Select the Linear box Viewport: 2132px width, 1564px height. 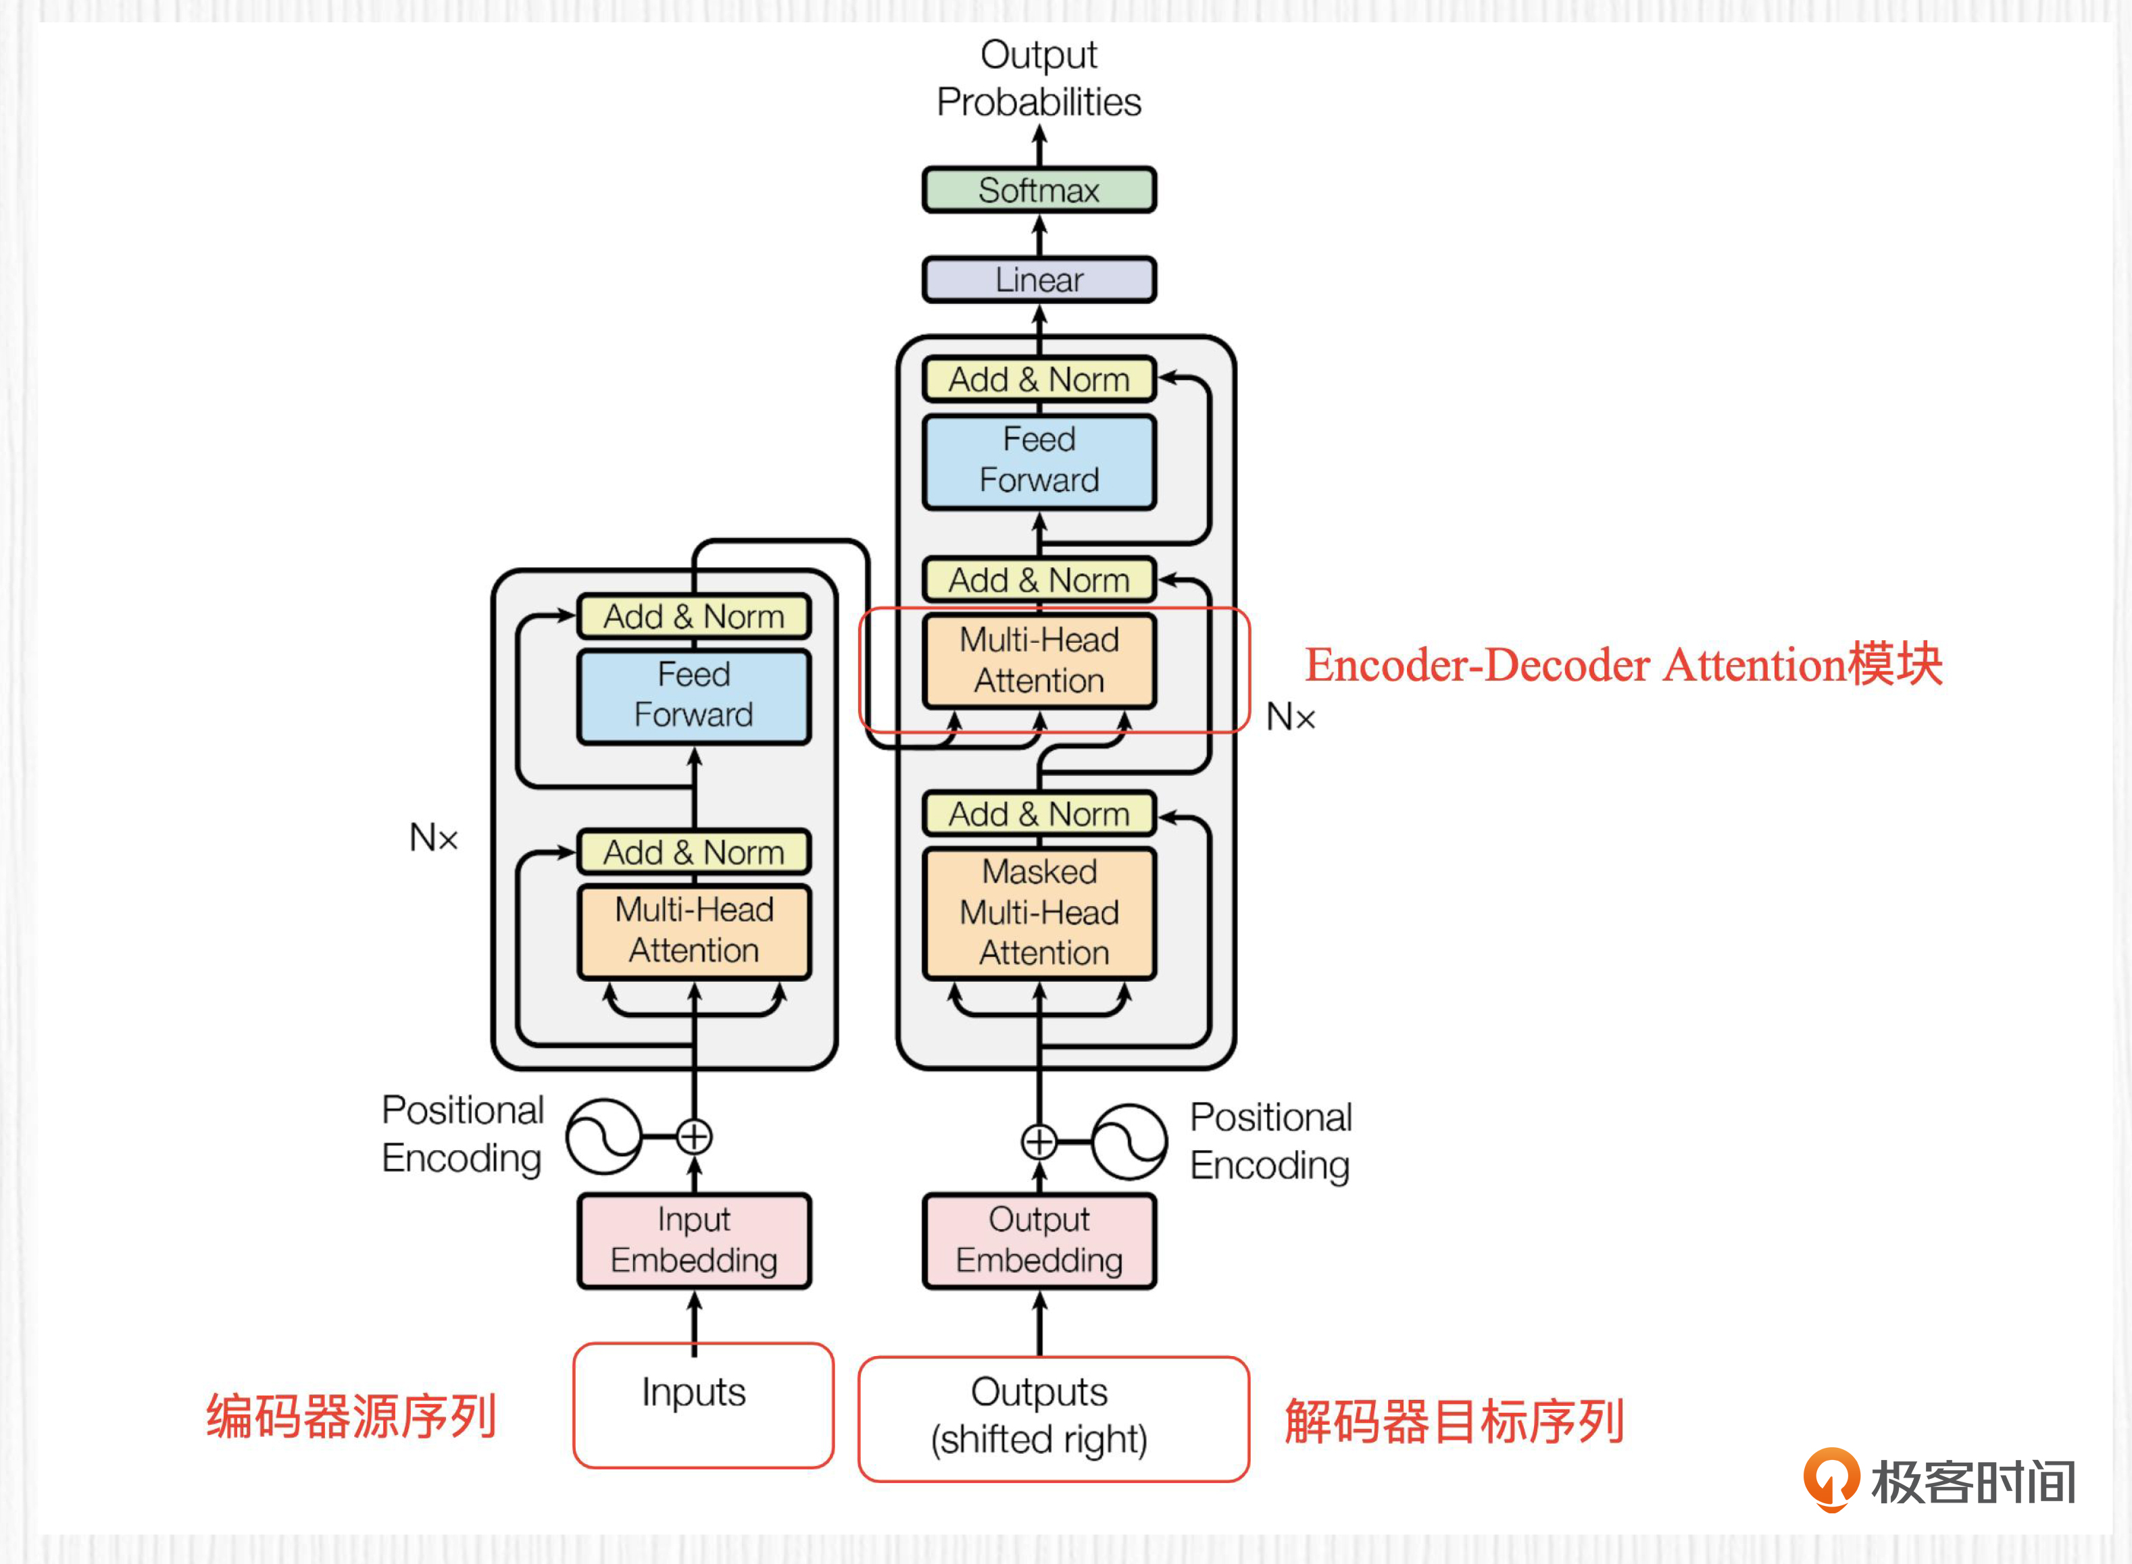(1039, 280)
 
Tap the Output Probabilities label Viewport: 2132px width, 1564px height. (1039, 78)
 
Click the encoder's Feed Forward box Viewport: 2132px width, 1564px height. (694, 696)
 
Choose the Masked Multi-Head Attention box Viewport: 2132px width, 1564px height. (1039, 912)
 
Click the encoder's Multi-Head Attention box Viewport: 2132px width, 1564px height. (694, 931)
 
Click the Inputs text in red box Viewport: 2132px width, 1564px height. (694, 1392)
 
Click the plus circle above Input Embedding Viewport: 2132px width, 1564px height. (694, 1136)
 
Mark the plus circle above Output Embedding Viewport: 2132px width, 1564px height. (1039, 1142)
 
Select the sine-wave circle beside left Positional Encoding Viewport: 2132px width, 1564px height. (603, 1136)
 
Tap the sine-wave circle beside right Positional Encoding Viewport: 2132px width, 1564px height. (1129, 1142)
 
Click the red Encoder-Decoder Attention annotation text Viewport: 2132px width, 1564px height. (1623, 664)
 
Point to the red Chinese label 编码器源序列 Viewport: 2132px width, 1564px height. (351, 1417)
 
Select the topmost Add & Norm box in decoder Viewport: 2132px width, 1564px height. (1039, 380)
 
